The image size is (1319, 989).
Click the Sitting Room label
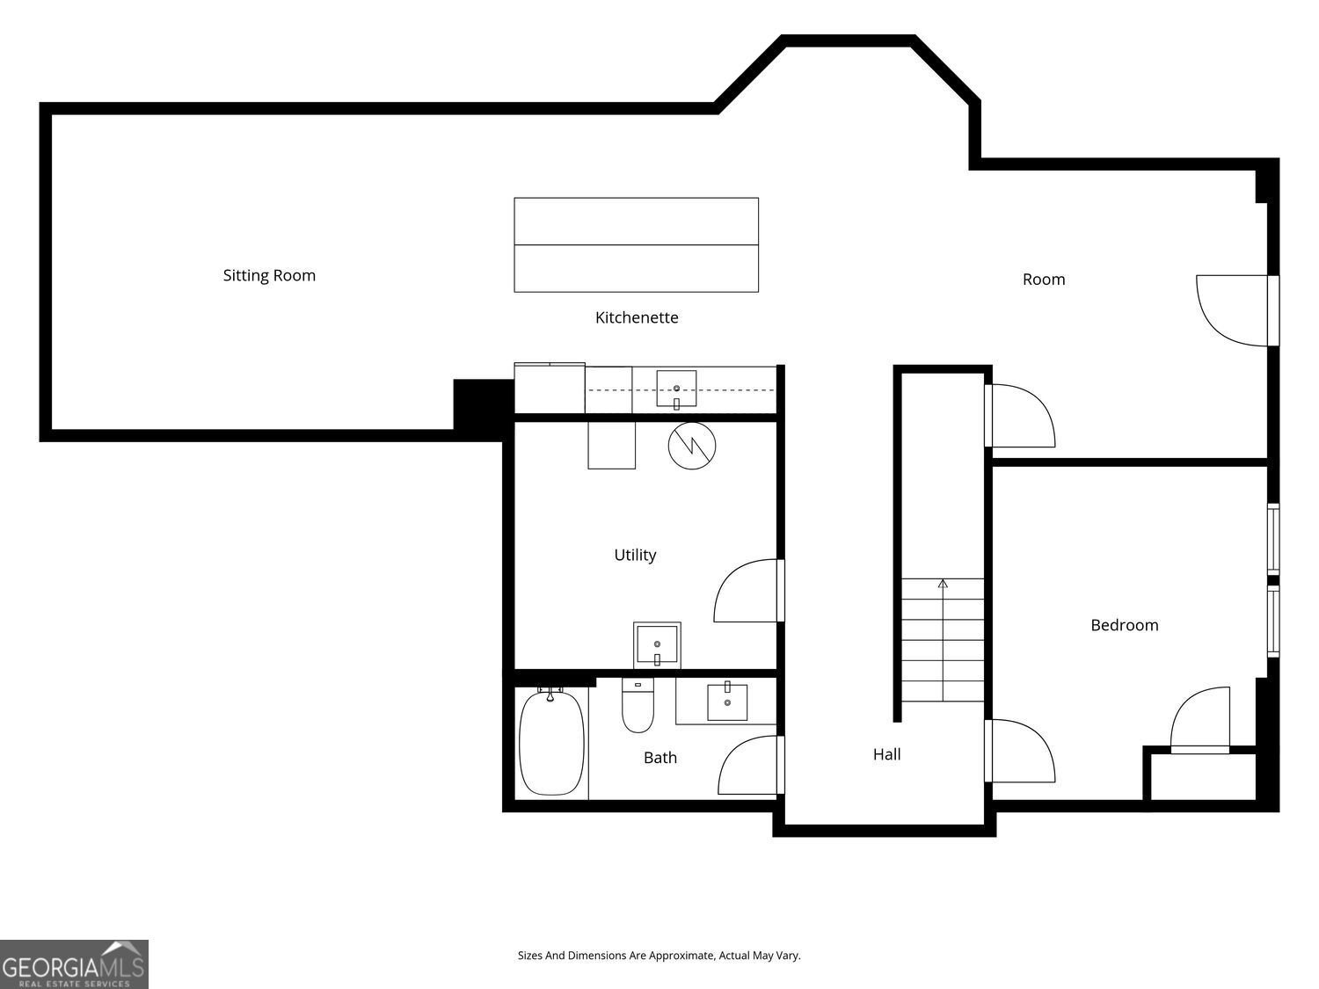click(x=269, y=276)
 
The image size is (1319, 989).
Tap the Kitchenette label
click(x=637, y=317)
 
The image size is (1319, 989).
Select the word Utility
click(x=635, y=556)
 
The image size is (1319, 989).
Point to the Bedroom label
click(x=1125, y=625)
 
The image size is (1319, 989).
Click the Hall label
click(x=887, y=754)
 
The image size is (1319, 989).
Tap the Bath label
click(x=659, y=758)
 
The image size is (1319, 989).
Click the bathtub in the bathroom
click(x=551, y=742)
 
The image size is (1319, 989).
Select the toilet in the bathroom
click(x=638, y=706)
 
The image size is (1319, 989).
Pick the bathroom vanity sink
click(x=727, y=701)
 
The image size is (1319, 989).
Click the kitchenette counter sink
click(x=676, y=389)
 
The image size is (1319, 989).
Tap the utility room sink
click(x=657, y=645)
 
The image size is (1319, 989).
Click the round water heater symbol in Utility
click(x=692, y=446)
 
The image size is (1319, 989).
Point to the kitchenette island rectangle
click(x=637, y=245)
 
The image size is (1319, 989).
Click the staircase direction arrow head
click(x=943, y=584)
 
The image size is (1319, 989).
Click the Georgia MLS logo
click(x=74, y=964)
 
